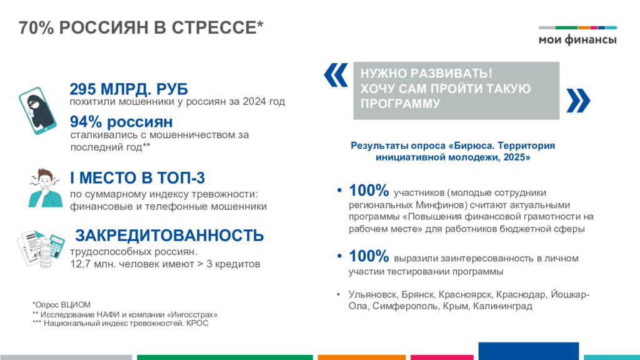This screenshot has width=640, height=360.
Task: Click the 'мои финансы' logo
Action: point(577,36)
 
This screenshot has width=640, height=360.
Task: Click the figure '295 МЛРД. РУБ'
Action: point(129,89)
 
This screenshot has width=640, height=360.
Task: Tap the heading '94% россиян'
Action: point(121,122)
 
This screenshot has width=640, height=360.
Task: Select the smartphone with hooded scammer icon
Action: point(37,111)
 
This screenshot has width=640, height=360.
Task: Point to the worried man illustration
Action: point(45,188)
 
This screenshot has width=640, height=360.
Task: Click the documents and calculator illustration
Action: point(41,249)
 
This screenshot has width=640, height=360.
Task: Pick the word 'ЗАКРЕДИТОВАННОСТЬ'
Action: point(169,236)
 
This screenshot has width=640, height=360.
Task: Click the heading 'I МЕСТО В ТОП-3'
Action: point(137,178)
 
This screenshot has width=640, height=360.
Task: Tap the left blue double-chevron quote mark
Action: point(336,75)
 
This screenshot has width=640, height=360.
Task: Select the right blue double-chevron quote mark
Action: point(578,101)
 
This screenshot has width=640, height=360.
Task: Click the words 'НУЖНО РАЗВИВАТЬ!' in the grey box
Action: point(426,74)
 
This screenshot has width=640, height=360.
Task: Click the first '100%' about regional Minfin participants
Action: point(369,191)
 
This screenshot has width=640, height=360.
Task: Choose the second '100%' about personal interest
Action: point(369,256)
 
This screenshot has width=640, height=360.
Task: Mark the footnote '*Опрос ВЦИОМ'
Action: point(61,305)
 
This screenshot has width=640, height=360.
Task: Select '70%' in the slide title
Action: point(36,27)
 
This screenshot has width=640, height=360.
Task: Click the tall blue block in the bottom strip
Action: point(529,351)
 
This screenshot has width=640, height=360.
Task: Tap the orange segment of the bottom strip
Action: point(362,357)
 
